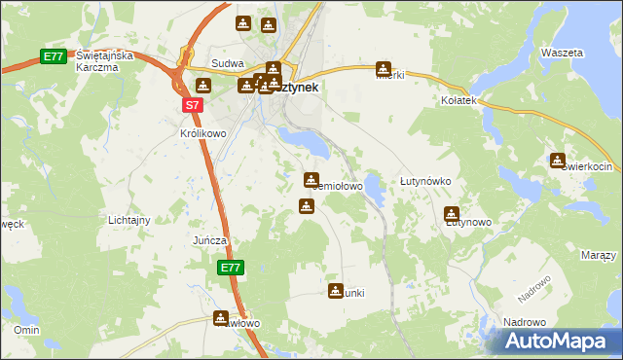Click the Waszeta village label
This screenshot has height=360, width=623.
[x=562, y=52]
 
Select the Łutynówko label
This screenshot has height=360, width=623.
[x=424, y=182]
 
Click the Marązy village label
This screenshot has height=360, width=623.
[x=598, y=255]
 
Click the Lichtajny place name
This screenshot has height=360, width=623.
[x=128, y=220]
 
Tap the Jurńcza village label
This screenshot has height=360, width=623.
[x=209, y=240]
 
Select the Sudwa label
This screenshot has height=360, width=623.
[x=226, y=64]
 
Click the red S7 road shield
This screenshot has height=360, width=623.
[x=193, y=105]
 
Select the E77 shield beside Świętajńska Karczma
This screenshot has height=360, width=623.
[x=54, y=57]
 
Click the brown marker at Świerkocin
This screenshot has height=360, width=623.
[x=558, y=161]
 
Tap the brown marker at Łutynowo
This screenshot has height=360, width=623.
[x=452, y=214]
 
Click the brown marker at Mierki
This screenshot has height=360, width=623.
[x=385, y=69]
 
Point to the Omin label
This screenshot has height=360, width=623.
[x=25, y=330]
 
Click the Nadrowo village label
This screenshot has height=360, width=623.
[x=524, y=321]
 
